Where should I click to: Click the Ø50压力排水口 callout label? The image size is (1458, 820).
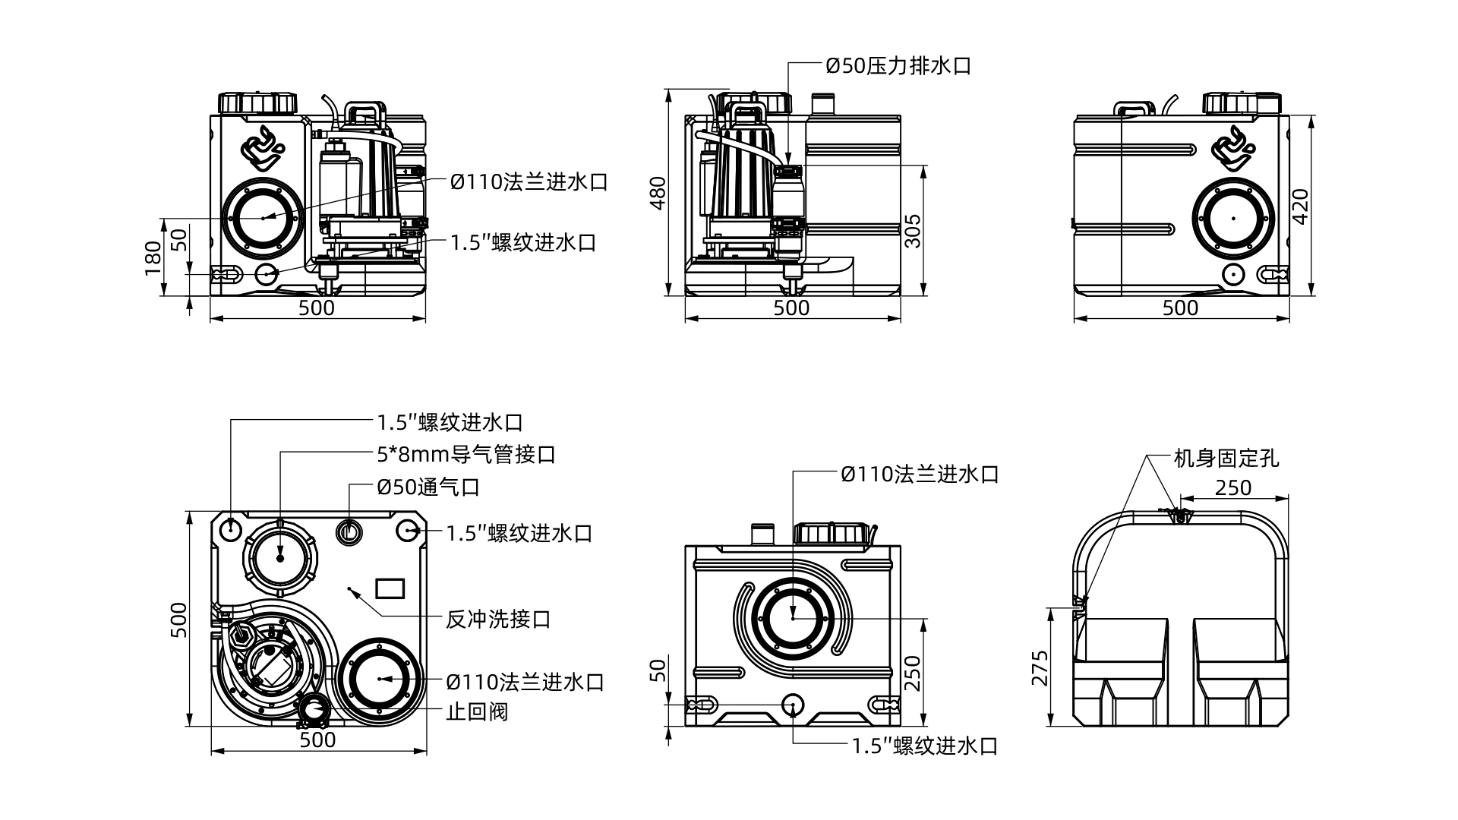[x=898, y=66]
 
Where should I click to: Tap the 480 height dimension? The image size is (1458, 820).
[x=658, y=193]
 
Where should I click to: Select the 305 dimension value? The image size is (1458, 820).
[x=913, y=231]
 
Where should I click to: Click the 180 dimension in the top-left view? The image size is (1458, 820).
[x=153, y=257]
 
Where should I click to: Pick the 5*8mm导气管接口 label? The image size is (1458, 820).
[x=466, y=455]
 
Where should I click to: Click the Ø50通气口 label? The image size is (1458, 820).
[x=428, y=487]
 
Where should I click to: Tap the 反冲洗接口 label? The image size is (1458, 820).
[x=497, y=620]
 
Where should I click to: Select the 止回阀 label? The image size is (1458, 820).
[x=476, y=712]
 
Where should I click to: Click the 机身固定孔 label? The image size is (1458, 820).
[x=1226, y=459]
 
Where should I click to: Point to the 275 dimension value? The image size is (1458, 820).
[x=1040, y=667]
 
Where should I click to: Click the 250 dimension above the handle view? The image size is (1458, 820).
[x=1232, y=487]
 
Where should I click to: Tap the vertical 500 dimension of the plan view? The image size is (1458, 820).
[x=178, y=620]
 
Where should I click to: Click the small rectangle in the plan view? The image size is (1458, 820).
[x=391, y=588]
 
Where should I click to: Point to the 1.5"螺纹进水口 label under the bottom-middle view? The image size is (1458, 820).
[x=924, y=746]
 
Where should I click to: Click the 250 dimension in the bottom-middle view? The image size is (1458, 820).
[x=913, y=671]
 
